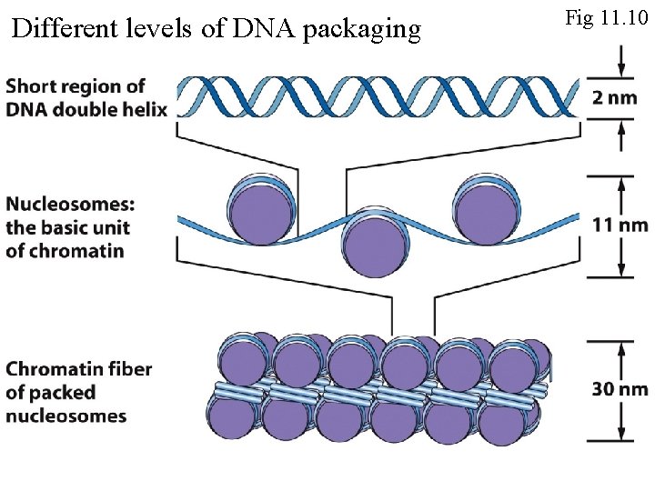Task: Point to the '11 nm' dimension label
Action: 620,225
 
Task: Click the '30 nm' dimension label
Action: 620,389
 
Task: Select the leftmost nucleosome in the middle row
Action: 262,211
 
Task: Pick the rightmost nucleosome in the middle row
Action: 486,211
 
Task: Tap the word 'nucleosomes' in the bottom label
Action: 65,416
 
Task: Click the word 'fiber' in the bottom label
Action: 129,369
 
